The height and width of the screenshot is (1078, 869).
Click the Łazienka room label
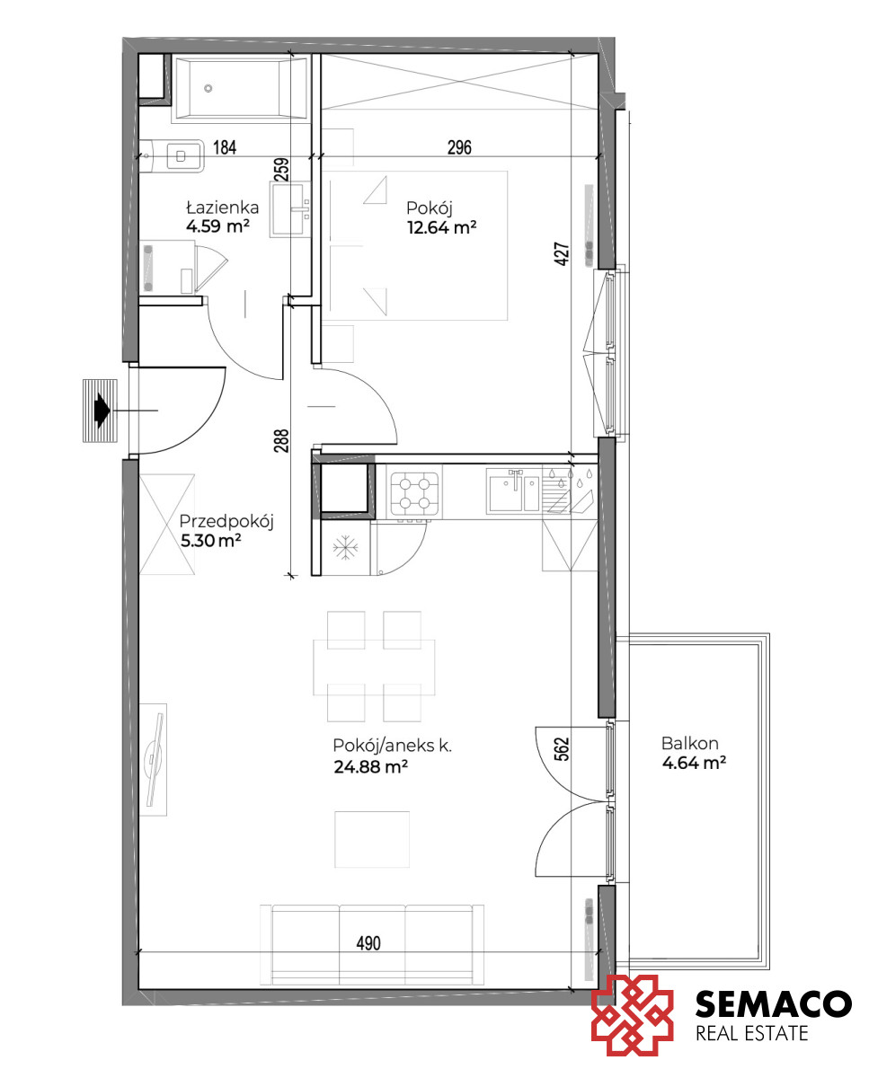[223, 208]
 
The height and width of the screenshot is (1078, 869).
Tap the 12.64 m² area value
[441, 228]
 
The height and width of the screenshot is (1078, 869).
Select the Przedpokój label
[226, 522]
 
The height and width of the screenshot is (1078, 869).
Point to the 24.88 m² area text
[370, 766]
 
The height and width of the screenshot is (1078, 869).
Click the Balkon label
[689, 743]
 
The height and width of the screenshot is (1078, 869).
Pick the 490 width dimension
[368, 943]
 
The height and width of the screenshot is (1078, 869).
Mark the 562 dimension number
[563, 749]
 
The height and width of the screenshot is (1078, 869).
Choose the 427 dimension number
[563, 254]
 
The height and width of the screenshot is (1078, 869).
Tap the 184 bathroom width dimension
[225, 147]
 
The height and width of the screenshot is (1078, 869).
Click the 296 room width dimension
[459, 147]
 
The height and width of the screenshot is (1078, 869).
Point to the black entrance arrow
[102, 411]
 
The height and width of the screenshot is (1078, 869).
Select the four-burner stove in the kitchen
[414, 494]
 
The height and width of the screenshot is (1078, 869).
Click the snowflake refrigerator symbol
[345, 547]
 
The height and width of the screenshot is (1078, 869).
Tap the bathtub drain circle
[208, 89]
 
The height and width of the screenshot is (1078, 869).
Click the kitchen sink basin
[505, 493]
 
